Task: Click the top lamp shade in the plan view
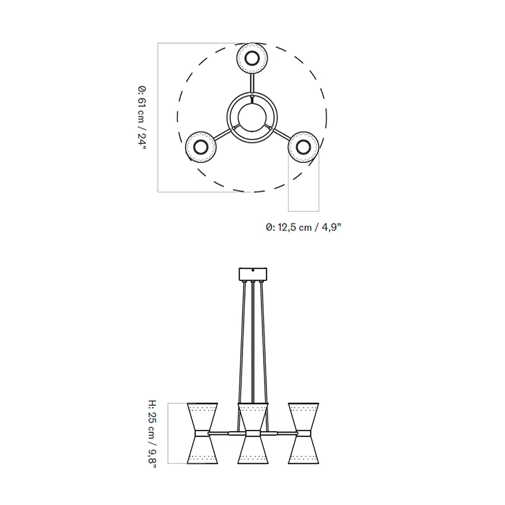[x=252, y=59]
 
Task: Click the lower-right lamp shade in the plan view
[x=303, y=147]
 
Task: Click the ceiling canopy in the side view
[x=252, y=275]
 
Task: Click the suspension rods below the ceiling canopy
[x=252, y=341]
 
